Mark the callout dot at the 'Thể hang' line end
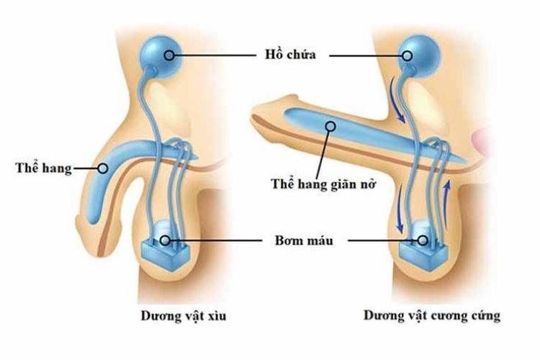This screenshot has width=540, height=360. [102, 169]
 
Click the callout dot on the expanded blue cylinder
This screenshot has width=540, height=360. [330, 126]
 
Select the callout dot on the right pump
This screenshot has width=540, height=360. [423, 240]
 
